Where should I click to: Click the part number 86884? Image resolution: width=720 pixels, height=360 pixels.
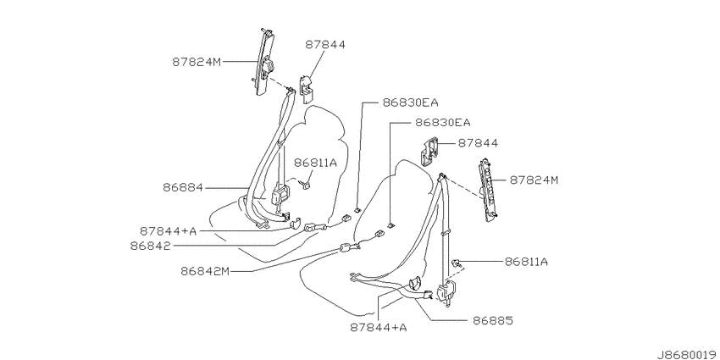point(182,188)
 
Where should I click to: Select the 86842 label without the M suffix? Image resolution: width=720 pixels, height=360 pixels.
point(150,246)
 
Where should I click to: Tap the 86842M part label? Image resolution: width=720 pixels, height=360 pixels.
point(205,271)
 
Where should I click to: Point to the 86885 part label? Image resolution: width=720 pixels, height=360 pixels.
point(493,320)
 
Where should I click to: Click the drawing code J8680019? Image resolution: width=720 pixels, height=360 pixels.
point(687,354)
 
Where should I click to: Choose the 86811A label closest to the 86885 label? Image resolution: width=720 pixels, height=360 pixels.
point(526,262)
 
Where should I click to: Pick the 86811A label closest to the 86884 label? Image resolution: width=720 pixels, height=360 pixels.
point(315,162)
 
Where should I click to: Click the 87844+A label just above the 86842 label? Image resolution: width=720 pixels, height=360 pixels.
point(168,230)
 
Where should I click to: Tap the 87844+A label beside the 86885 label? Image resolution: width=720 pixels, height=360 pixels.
point(379,328)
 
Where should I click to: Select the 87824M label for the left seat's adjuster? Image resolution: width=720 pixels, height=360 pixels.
point(197,62)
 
